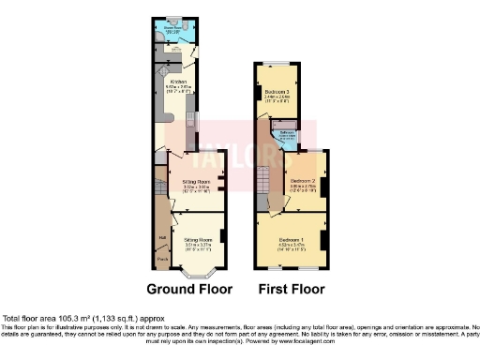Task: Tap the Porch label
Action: pos(162,258)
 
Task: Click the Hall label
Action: pos(162,237)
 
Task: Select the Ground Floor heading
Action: pos(188,289)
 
